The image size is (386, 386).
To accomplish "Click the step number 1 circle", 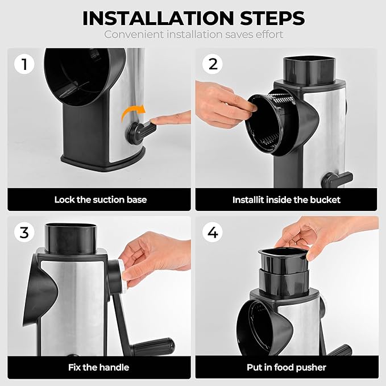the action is point(24,64).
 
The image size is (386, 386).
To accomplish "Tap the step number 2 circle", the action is point(213,64).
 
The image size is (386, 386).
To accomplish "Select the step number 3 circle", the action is point(24,232).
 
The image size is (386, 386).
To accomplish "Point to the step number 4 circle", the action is point(213,232).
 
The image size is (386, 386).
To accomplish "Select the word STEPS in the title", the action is point(272,18).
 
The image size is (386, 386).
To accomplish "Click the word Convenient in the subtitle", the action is point(134,34).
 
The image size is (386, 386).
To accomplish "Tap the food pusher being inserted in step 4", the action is point(283,261).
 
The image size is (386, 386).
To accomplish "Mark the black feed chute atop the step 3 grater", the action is point(70,238).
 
